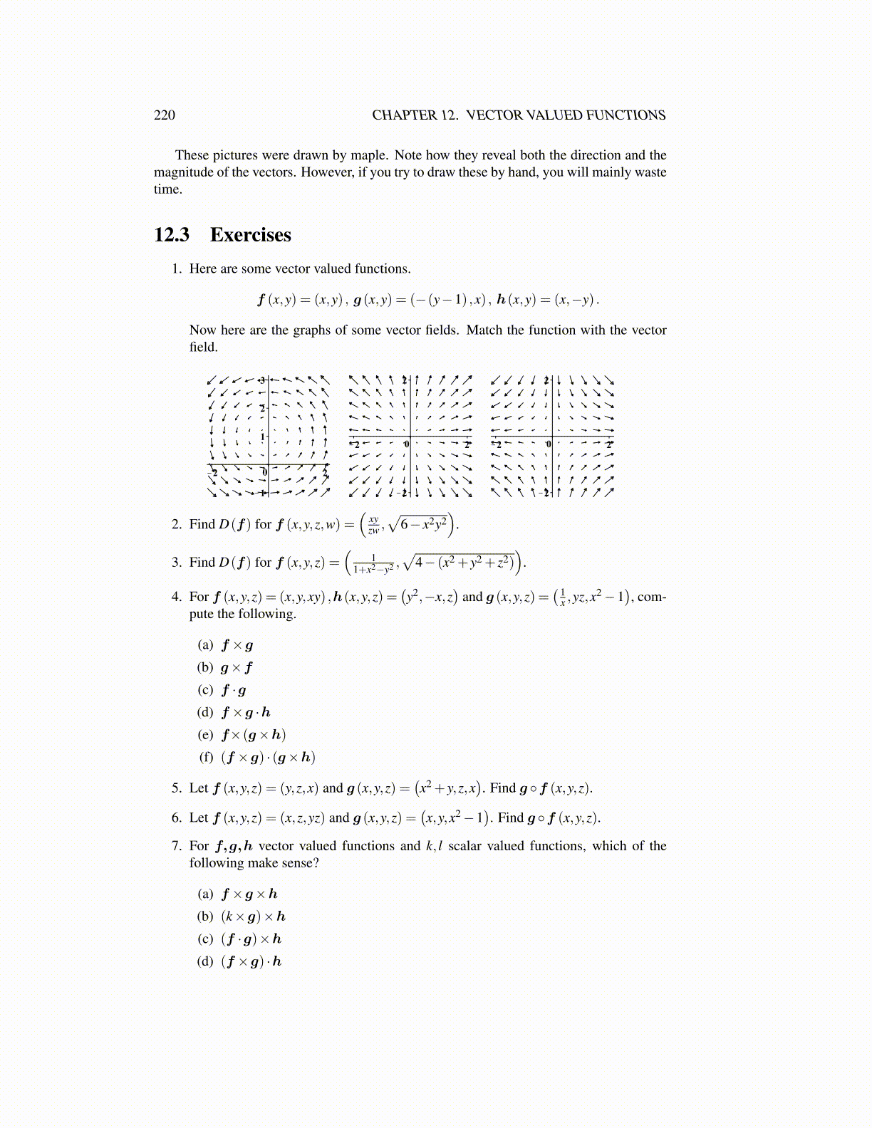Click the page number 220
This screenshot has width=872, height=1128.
164,115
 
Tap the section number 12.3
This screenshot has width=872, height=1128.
172,235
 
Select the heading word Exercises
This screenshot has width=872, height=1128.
250,235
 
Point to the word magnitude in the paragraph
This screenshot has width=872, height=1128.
182,172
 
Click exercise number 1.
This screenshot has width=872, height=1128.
177,269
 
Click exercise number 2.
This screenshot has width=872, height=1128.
177,525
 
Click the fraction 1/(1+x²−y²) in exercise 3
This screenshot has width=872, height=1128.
373,563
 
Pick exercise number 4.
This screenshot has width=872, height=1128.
177,597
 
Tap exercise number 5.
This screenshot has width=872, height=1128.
177,788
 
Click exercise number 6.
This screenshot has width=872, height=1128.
177,818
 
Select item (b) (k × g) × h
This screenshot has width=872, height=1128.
253,916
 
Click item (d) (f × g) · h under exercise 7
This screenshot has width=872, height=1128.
251,961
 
